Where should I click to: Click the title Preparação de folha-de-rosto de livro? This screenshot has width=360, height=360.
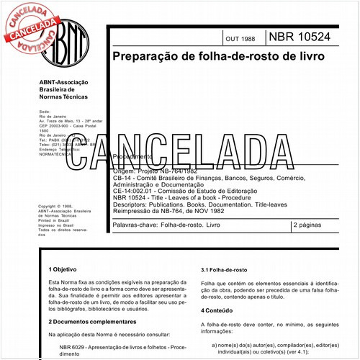point(217,55)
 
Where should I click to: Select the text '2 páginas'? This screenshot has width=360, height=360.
point(310,225)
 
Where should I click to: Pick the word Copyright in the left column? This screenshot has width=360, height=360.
point(50,206)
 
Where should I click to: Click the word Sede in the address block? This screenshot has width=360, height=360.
point(44,113)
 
